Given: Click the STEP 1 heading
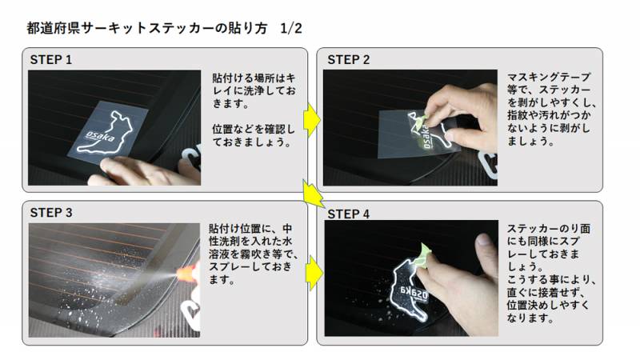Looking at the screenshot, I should tap(51, 60).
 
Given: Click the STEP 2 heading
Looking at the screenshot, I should tap(349, 60).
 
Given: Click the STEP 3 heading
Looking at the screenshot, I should tap(51, 213).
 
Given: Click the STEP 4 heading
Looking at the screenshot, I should tap(349, 214).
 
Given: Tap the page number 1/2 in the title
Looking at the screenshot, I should tap(291, 28).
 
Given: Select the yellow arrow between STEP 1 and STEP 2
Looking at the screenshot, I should tap(311, 120).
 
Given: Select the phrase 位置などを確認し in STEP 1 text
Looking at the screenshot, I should tap(254, 129).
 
